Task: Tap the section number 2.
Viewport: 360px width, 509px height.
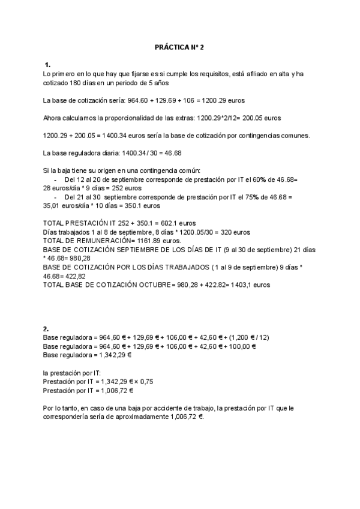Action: pos(46,328)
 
